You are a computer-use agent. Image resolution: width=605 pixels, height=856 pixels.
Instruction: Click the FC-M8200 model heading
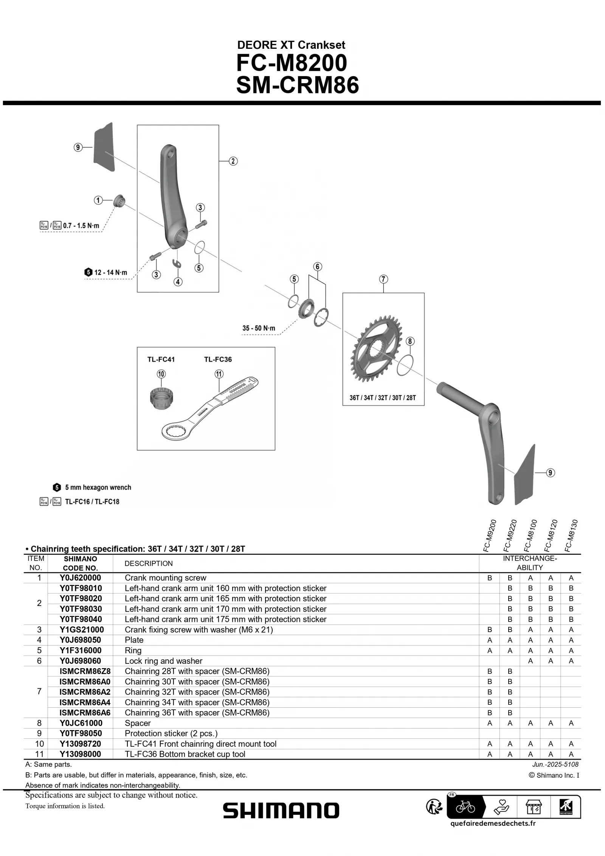(292, 63)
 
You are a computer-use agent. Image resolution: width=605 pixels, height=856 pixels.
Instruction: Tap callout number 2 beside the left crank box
(233, 161)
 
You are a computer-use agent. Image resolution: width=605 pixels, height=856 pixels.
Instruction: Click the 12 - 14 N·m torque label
(110, 272)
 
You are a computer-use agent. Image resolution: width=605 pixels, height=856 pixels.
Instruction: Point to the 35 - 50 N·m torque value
(259, 328)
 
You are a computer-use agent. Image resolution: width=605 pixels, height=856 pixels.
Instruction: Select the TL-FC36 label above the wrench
(218, 359)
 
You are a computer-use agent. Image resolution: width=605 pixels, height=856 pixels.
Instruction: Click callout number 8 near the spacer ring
(410, 341)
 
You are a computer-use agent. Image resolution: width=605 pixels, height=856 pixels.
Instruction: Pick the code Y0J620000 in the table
(80, 578)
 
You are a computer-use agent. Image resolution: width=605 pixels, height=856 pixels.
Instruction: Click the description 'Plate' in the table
(134, 640)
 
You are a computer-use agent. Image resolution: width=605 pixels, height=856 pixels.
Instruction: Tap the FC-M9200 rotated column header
(490, 535)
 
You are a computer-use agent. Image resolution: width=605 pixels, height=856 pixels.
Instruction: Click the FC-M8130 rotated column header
(571, 535)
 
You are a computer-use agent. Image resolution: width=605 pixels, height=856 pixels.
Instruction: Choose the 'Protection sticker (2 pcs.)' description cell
(171, 733)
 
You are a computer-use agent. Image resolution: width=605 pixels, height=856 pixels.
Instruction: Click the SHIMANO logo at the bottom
(281, 811)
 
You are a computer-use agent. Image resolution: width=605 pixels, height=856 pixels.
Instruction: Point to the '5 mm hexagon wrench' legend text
(98, 487)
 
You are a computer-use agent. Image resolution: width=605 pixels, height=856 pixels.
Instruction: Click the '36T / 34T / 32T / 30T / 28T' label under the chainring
(382, 398)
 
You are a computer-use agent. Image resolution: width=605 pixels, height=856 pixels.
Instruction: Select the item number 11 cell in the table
(39, 754)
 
